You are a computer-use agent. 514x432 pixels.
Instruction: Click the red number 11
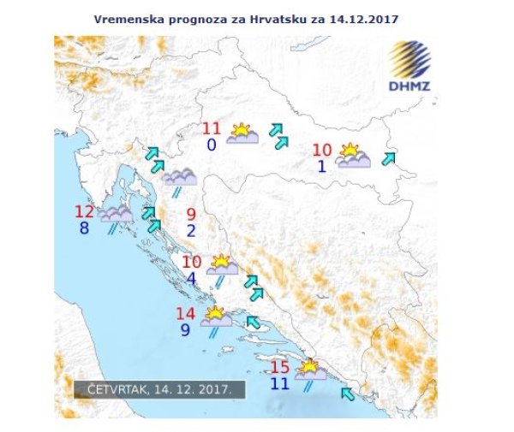tap(212, 129)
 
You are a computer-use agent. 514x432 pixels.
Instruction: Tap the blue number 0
tap(211, 145)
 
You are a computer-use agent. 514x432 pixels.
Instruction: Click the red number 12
tap(84, 212)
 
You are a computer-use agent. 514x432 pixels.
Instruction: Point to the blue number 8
tap(84, 228)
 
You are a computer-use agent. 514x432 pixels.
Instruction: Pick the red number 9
tap(190, 214)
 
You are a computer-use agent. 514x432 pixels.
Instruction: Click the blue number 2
tap(190, 230)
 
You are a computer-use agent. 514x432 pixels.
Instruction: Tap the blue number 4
tap(190, 278)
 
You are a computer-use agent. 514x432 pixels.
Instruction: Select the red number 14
tap(186, 313)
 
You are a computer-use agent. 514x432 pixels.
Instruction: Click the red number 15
tap(279, 367)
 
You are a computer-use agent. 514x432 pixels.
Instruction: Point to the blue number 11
tap(279, 383)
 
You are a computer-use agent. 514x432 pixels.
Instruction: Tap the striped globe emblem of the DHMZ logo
tap(414, 60)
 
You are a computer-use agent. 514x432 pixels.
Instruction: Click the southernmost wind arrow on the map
tap(347, 394)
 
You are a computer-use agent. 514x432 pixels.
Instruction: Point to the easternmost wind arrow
tap(390, 158)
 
